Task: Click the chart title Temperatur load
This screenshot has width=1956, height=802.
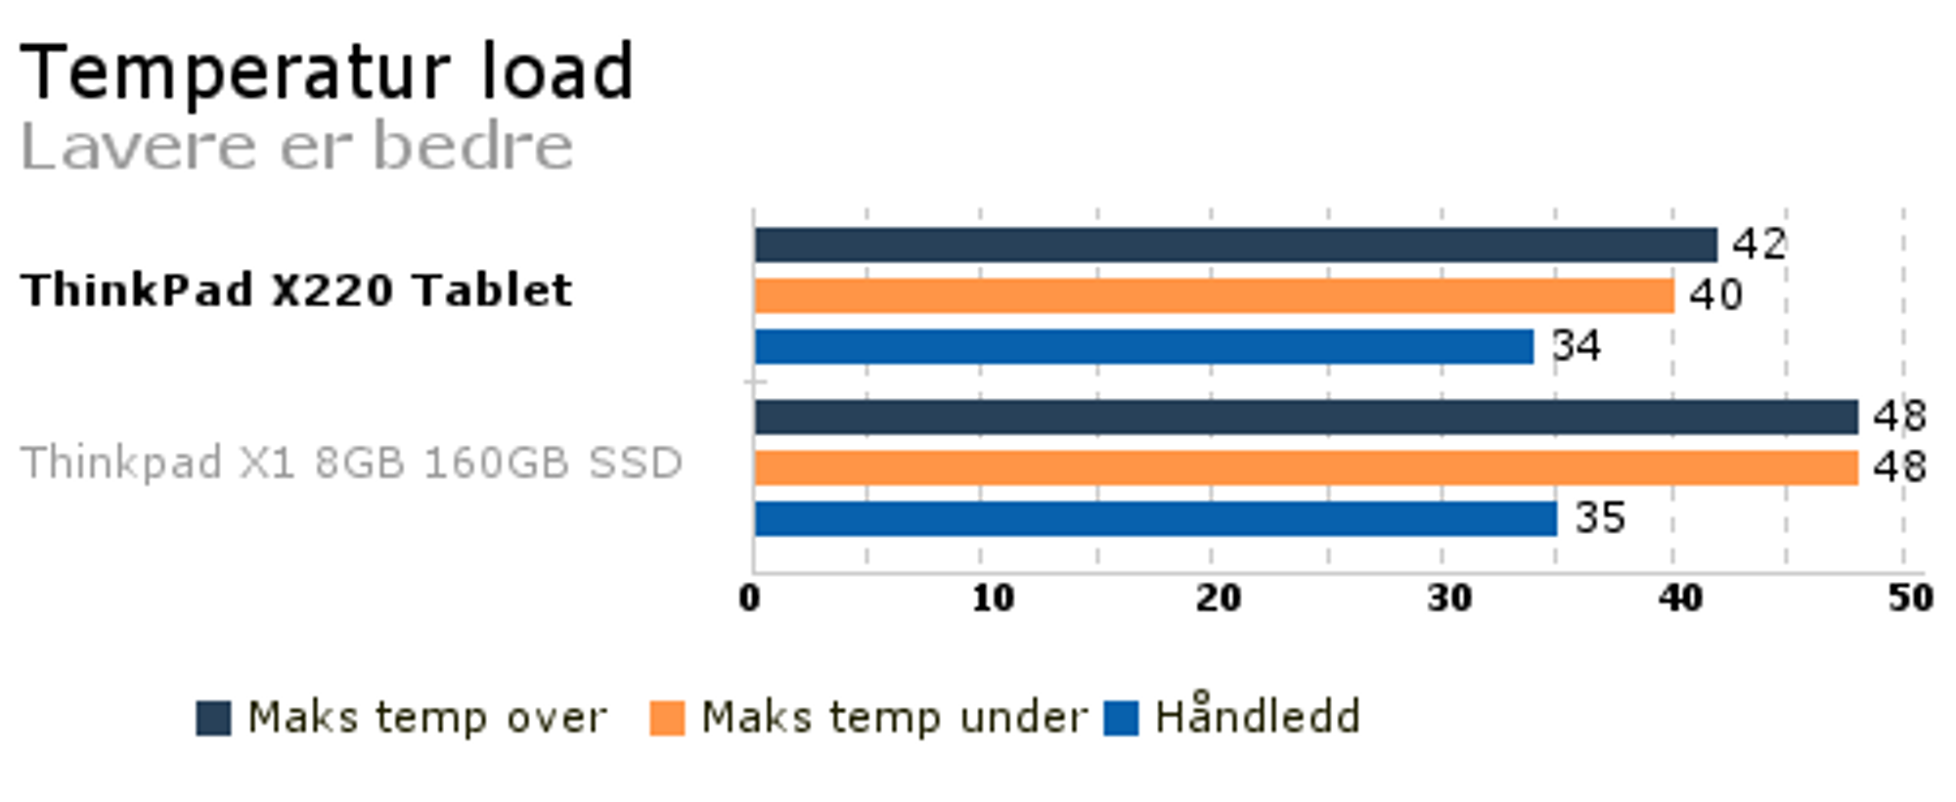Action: click(327, 71)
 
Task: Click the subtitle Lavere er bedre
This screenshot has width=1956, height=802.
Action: click(296, 147)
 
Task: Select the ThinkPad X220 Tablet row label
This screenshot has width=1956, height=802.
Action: click(296, 290)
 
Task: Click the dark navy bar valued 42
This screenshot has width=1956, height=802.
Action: click(1235, 245)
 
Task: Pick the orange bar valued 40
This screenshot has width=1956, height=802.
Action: click(1214, 295)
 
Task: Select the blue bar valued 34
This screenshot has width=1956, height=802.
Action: click(1143, 346)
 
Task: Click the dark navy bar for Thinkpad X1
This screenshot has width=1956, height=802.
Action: click(1306, 417)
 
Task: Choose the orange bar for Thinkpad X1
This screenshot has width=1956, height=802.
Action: click(1306, 468)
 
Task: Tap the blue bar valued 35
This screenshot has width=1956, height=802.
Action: click(1155, 518)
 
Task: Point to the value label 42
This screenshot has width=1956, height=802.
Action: click(1759, 244)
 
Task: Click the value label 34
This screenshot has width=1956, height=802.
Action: click(1577, 345)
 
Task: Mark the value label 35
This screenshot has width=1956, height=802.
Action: click(1600, 517)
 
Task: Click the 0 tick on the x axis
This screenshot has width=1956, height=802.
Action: click(749, 598)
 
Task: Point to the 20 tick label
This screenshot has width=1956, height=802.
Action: click(1218, 598)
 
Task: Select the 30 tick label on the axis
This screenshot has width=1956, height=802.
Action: click(1448, 598)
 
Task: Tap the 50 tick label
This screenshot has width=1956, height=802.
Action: click(1910, 598)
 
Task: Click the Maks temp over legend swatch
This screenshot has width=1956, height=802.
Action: click(213, 718)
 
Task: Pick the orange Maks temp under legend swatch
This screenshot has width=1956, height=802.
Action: click(667, 718)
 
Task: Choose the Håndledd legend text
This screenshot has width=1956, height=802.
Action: click(1257, 715)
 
